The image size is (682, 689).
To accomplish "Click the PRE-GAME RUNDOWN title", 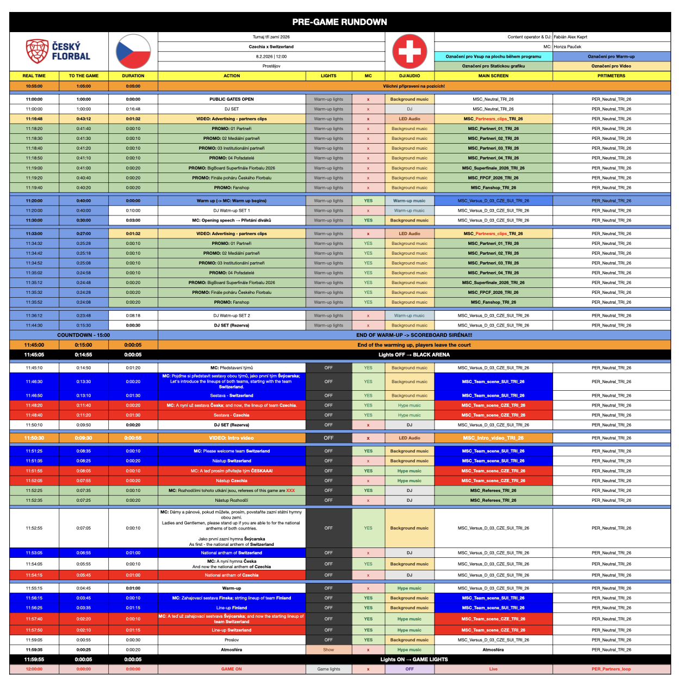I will (339, 22).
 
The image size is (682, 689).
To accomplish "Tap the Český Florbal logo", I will (58, 51).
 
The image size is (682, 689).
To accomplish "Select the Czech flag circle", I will (133, 51).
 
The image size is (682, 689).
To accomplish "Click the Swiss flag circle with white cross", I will (410, 51).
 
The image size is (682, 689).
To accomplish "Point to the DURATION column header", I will (133, 76).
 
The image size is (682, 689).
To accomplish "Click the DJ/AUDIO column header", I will (410, 76).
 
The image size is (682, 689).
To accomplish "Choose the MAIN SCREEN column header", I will (493, 76).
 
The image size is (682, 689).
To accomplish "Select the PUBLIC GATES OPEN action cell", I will (232, 100).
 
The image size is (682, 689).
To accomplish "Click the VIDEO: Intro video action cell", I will (232, 438).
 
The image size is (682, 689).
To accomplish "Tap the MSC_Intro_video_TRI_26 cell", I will (493, 438).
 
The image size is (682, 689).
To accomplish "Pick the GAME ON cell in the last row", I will (232, 669).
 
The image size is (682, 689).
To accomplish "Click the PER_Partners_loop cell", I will (611, 669).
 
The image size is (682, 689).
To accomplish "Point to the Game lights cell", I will (328, 669).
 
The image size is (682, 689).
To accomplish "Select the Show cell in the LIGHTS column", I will (328, 650).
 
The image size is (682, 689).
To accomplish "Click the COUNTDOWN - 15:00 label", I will (84, 335).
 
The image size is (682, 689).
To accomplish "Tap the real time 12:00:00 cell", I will (34, 669).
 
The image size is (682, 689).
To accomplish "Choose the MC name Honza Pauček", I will (567, 47).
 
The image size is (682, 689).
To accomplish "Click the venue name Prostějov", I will (271, 66).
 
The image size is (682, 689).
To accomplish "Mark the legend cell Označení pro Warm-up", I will (611, 57).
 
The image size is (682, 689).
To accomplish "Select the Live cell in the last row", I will (493, 669).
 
